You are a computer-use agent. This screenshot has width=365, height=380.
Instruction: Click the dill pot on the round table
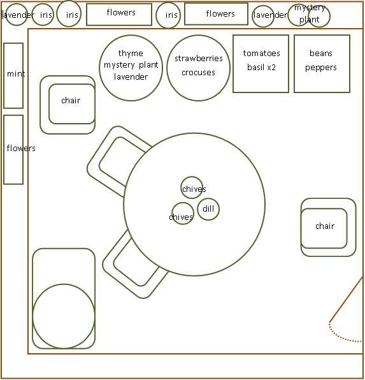(x=208, y=209)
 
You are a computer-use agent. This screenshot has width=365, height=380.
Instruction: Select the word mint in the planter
(x=16, y=74)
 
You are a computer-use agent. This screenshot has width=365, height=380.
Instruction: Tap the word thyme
(x=131, y=54)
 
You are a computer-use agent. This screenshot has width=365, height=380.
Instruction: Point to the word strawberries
(x=199, y=59)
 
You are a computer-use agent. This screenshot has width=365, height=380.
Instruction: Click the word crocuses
(x=198, y=73)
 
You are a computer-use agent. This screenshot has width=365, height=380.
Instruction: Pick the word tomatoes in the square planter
(x=262, y=54)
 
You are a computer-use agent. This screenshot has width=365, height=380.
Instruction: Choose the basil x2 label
(x=261, y=67)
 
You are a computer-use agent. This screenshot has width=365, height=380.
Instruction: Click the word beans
(x=321, y=54)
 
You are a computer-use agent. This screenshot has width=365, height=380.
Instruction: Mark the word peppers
(x=321, y=68)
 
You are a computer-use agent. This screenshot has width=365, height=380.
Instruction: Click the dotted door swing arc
(x=341, y=337)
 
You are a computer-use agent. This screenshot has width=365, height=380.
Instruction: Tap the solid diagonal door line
(x=347, y=299)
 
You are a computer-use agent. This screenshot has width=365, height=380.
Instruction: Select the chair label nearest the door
(x=325, y=226)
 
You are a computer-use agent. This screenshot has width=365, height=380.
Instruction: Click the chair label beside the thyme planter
(x=71, y=100)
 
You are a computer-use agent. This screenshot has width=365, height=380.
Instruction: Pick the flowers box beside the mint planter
(x=13, y=150)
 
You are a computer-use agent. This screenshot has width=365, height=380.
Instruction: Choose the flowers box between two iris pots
(x=119, y=14)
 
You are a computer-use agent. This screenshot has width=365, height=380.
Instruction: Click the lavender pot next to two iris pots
(x=16, y=15)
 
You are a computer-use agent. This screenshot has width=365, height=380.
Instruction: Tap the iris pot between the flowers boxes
(x=168, y=15)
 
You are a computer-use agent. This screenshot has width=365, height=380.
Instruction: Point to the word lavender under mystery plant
(x=131, y=77)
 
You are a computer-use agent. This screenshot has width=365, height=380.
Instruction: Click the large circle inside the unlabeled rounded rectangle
(x=64, y=316)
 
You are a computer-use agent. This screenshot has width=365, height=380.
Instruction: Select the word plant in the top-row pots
(x=310, y=20)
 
